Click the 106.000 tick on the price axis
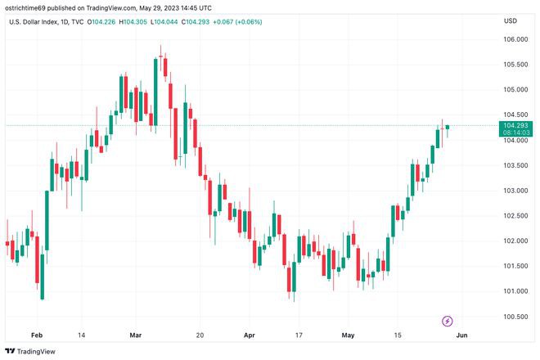coord(514,39)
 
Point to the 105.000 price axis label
coord(514,89)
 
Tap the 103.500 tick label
coord(514,165)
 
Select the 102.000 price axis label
coord(514,241)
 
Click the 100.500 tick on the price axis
coord(514,317)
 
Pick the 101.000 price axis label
coord(514,291)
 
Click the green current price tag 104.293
coord(517,125)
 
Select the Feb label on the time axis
coord(36,335)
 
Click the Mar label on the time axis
coord(136,335)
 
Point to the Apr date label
coord(249,335)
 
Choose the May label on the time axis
coord(349,335)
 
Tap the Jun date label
coord(461,335)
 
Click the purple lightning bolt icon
coord(448,320)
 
